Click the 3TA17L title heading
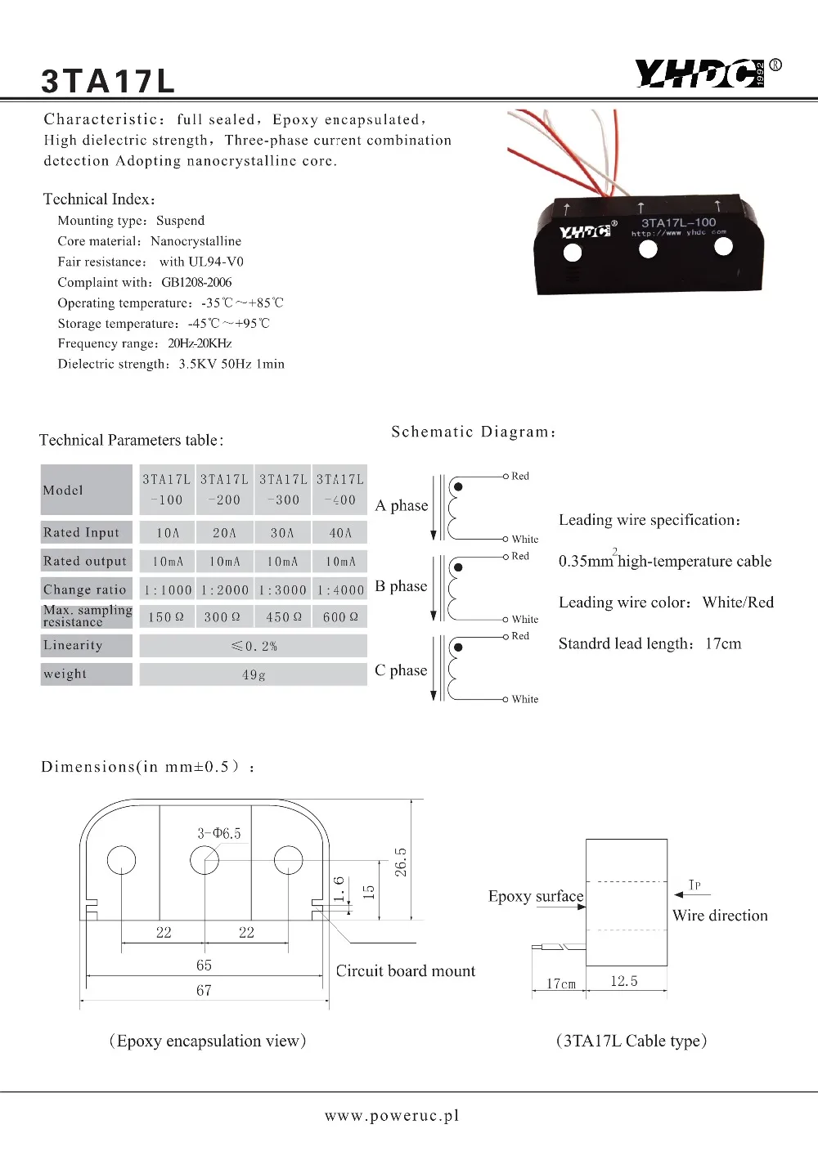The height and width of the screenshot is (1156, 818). pos(108,81)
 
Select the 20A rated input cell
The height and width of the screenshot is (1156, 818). pos(224,533)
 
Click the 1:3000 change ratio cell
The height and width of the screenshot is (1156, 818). pos(282,589)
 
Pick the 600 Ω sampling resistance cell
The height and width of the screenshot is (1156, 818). pos(340,617)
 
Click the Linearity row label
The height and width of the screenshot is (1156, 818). pos(74,645)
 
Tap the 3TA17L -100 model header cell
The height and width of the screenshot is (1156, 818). pos(167,490)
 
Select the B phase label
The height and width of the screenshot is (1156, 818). pos(401,586)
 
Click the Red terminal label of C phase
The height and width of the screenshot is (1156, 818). pos(520,636)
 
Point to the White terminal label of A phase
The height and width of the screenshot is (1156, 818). pos(525,540)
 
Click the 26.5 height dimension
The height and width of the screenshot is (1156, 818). pos(401,862)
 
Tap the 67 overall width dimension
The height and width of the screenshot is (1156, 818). pos(204,991)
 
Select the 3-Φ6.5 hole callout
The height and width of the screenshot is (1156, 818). pos(219,833)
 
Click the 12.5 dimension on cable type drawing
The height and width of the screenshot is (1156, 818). pos(624,981)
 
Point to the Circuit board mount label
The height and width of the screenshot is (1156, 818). pos(405,971)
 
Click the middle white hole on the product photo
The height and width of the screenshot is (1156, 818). pos(648,249)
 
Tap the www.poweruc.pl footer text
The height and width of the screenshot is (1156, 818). pos(392,1116)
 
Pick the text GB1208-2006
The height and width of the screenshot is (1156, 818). pos(196,283)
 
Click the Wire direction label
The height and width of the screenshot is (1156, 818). pos(720,916)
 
